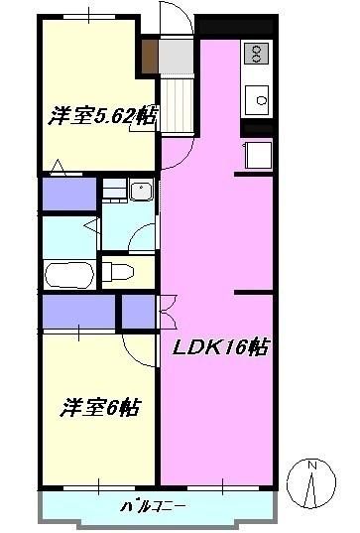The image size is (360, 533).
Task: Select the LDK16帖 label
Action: tap(223, 348)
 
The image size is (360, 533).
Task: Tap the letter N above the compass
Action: tap(312, 466)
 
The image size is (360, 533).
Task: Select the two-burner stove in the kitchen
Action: tap(256, 52)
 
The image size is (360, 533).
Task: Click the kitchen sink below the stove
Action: tap(259, 99)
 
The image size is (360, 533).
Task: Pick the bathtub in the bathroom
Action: tap(68, 273)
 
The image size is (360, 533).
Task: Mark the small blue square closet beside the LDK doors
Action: tap(135, 312)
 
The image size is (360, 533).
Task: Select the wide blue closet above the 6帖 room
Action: tap(77, 313)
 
